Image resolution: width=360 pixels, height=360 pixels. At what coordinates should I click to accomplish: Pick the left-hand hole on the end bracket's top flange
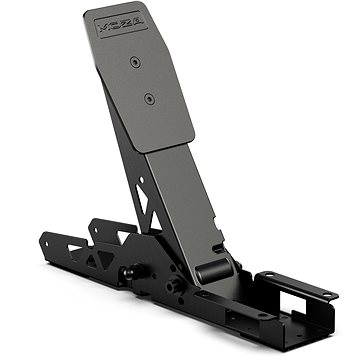[x=268, y=277]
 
